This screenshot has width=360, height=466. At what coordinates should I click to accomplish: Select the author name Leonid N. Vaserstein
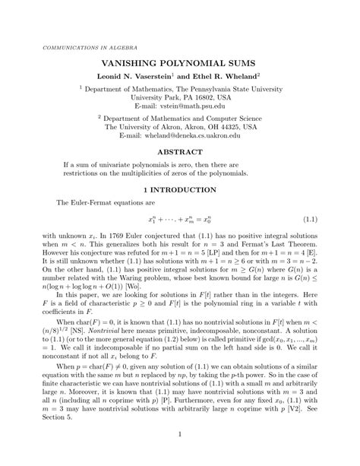(137, 77)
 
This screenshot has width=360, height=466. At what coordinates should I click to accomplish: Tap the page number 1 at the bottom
(180, 434)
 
